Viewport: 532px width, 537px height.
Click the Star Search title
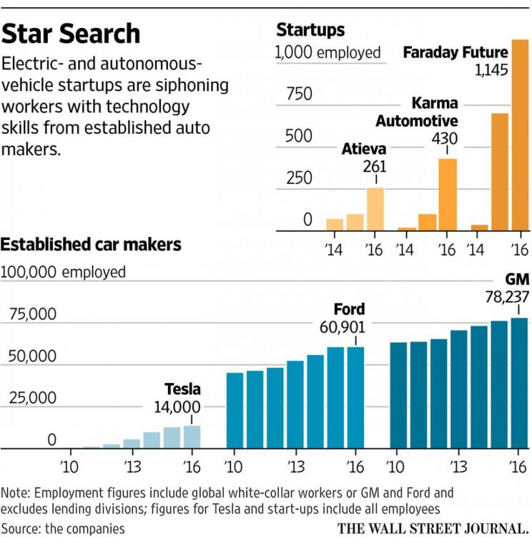tap(72, 34)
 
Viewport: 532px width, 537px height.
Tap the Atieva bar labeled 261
tap(375, 209)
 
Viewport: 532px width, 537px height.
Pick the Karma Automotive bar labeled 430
tap(448, 194)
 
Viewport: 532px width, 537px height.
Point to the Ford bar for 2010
tap(235, 410)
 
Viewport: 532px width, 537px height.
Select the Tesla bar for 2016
tap(192, 437)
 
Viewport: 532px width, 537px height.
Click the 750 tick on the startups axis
tap(294, 95)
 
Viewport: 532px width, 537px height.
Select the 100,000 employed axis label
tap(64, 272)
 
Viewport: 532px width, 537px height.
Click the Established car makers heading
tap(91, 245)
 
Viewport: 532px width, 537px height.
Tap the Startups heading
tap(310, 30)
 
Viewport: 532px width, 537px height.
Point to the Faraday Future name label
tap(455, 52)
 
